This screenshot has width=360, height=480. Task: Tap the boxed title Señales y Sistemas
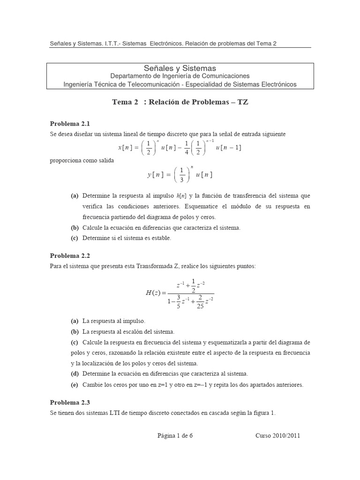(180, 68)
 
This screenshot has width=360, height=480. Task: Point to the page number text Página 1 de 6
(175, 435)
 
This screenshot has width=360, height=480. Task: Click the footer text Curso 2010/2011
(277, 435)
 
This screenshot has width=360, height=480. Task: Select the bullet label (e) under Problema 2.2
(75, 385)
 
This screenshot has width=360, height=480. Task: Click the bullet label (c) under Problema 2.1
(75, 238)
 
